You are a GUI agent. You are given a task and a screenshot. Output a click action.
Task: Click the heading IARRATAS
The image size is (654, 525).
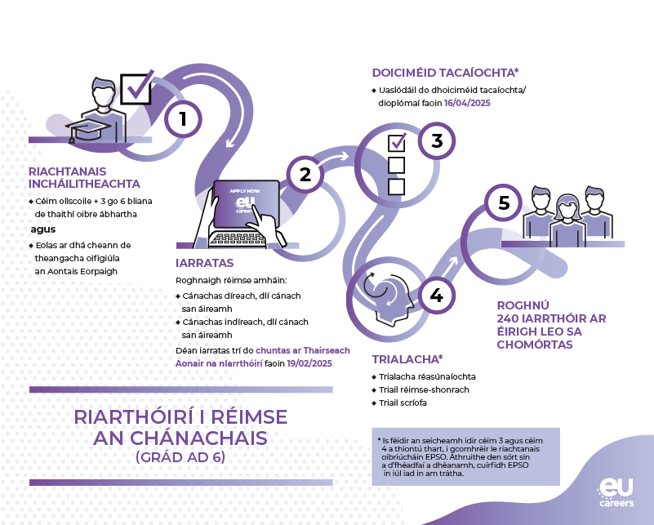pos(204,263)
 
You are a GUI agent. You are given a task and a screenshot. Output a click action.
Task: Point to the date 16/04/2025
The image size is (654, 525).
pos(467,103)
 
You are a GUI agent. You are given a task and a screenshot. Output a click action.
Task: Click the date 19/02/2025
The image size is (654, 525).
pos(309,363)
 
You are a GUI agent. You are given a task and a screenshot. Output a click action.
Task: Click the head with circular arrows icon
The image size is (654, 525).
pos(388,296)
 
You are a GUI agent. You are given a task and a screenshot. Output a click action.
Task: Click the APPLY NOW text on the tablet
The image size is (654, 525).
pos(245,191)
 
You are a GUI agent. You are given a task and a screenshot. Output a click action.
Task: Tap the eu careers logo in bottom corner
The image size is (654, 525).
pos(616,492)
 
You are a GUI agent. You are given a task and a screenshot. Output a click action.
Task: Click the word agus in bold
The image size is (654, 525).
pos(43,229)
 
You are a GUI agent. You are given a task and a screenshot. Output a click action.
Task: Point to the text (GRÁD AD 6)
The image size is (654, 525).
pos(180,457)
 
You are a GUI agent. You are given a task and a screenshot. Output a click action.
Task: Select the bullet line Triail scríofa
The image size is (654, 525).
pos(399,403)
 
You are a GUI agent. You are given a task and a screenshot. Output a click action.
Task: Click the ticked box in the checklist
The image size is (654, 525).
pos(397,143)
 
